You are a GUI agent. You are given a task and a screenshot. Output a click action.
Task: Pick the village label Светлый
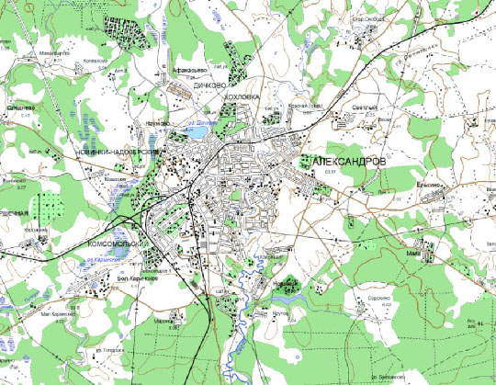(x=365, y=108)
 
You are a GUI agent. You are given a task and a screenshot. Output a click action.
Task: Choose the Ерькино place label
(x=429, y=184)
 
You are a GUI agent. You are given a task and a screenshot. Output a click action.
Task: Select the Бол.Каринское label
(x=135, y=277)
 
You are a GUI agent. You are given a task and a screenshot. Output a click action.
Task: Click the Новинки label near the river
(x=282, y=284)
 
